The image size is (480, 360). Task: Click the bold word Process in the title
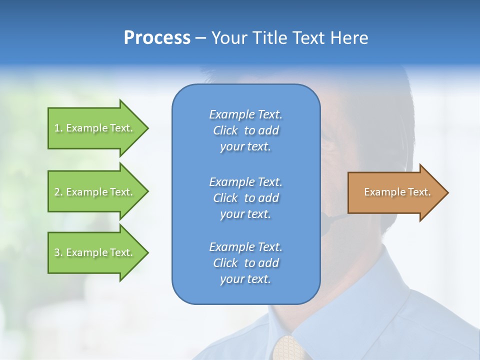(x=157, y=38)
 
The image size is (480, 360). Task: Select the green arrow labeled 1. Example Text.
(x=95, y=128)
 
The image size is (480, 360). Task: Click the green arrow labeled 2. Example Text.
(x=95, y=192)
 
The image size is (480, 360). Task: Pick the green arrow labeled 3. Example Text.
(x=95, y=252)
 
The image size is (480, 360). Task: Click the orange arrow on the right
(x=395, y=192)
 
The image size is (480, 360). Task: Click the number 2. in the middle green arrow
(x=58, y=192)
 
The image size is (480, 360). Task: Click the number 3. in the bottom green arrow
(x=58, y=252)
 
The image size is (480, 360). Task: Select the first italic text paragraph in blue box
(x=245, y=130)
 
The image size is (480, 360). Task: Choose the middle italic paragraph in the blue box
(x=245, y=198)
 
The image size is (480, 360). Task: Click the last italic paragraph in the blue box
(x=245, y=263)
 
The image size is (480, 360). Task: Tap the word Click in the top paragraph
(x=225, y=130)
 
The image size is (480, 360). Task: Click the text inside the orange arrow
(x=397, y=192)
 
